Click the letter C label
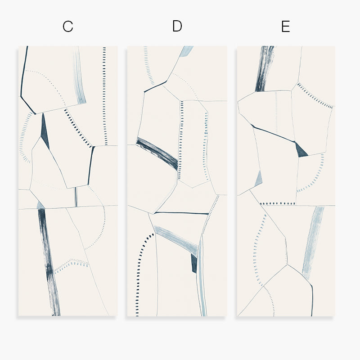tap(68, 27)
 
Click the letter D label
tap(177, 26)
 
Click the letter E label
tap(286, 27)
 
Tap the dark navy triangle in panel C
tap(45, 131)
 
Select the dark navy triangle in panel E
tap(301, 151)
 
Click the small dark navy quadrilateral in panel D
tap(194, 263)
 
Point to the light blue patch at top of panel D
tap(186, 51)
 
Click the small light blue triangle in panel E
tap(258, 179)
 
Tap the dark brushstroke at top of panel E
tap(265, 69)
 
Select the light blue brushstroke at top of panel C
tap(79, 76)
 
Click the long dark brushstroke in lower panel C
tap(49, 262)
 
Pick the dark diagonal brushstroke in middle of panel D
tap(157, 153)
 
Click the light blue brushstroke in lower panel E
tap(313, 242)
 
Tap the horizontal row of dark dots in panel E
tap(277, 204)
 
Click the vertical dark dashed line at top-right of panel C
tap(105, 96)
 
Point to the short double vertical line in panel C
tap(76, 197)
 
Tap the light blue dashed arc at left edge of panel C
tap(24, 137)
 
